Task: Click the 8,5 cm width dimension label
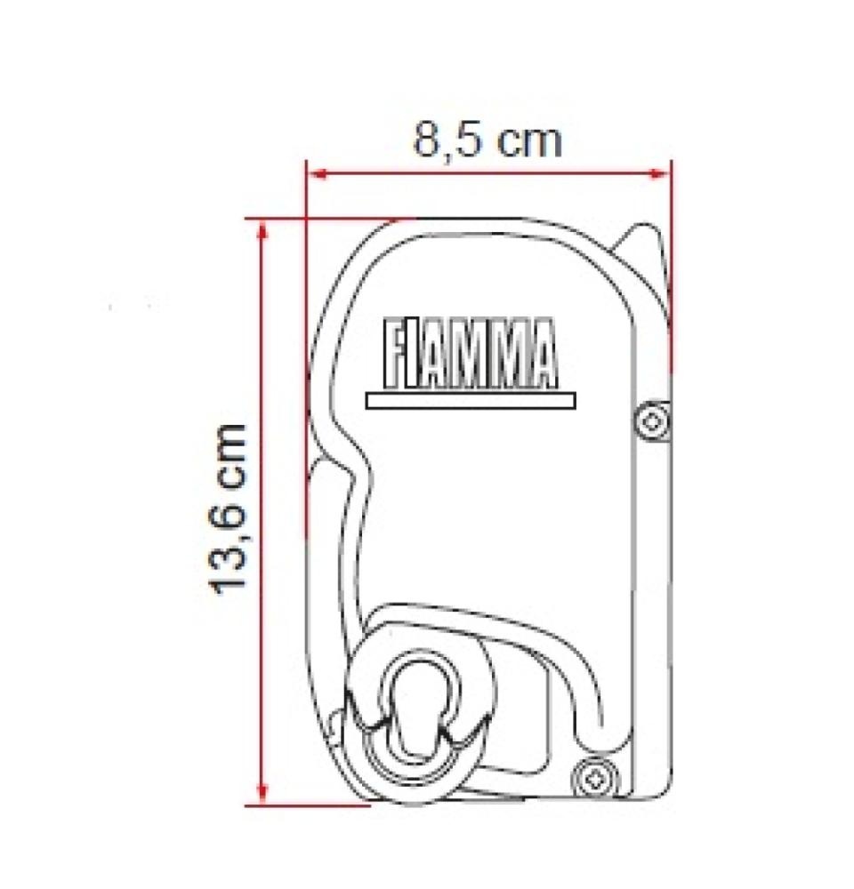[x=487, y=140]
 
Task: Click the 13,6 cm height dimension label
[x=230, y=509]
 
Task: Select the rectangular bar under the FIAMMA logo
[x=471, y=402]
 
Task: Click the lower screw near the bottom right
[x=590, y=779]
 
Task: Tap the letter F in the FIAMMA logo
[x=394, y=354]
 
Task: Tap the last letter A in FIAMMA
[x=542, y=354]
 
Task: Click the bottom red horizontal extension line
[x=307, y=805]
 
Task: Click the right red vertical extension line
[x=670, y=267]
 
